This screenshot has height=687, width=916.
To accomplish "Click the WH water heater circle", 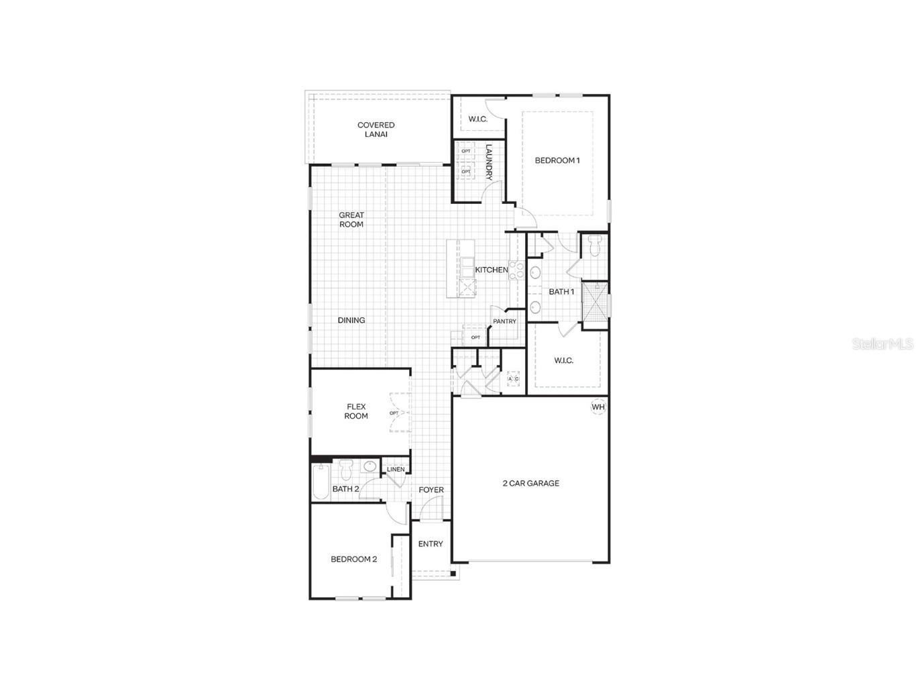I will tap(597, 407).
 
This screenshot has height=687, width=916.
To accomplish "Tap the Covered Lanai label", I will tap(376, 129).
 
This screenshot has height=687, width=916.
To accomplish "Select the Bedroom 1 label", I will tap(557, 160).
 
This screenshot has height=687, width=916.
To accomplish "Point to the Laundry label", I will tap(489, 163).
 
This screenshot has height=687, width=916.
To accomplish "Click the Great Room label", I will tap(351, 220).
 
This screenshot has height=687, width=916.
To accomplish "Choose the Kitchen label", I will tap(492, 270).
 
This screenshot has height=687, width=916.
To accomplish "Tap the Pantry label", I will tap(504, 321).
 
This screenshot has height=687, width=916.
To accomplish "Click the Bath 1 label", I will tap(561, 292).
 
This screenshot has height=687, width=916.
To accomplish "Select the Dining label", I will tap(351, 320).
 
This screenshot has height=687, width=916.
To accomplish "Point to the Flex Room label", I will tap(356, 411).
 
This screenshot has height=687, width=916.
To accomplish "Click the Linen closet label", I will tap(396, 469).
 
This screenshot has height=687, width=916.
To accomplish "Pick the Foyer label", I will tap(431, 490).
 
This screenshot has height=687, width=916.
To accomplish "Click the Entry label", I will tap(431, 544).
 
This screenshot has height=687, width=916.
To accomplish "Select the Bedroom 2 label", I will tap(353, 559).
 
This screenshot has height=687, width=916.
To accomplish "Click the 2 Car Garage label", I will tap(531, 483).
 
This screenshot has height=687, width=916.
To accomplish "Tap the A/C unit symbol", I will tap(513, 379).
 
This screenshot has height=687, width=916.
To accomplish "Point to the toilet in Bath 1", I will tap(593, 246).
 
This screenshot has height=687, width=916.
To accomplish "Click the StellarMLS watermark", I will tap(882, 343).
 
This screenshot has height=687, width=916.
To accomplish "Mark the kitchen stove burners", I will tap(516, 270).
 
